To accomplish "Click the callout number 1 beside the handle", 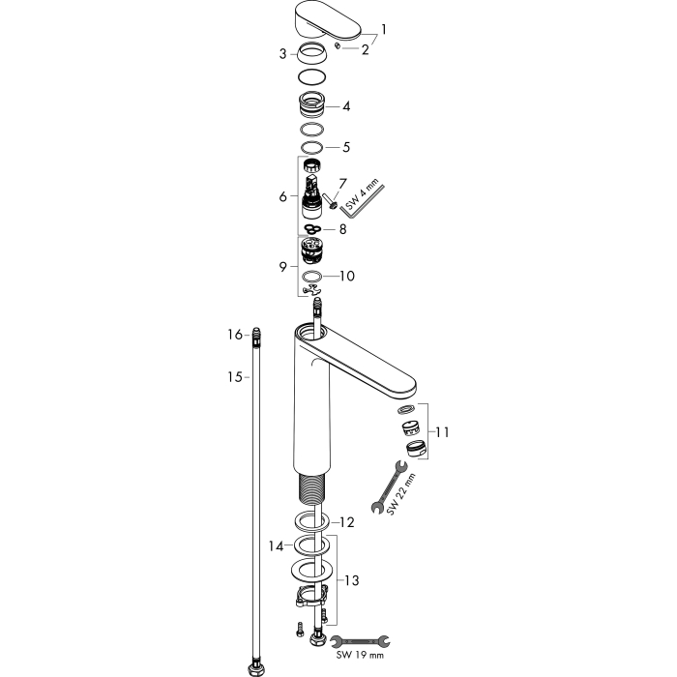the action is pyautogui.click(x=383, y=30).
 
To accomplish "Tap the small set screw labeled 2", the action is pyautogui.click(x=338, y=45).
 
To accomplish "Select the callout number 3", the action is pyautogui.click(x=282, y=54).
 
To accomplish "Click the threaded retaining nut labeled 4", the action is pyautogui.click(x=310, y=105).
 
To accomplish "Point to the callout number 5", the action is pyautogui.click(x=346, y=147).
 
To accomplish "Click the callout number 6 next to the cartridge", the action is pyautogui.click(x=282, y=196).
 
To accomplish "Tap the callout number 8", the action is pyautogui.click(x=342, y=229).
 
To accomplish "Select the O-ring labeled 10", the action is pyautogui.click(x=311, y=276).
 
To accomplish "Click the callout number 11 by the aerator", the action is pyautogui.click(x=442, y=431).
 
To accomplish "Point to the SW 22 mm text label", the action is pyautogui.click(x=401, y=494).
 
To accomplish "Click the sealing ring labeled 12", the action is pyautogui.click(x=311, y=519).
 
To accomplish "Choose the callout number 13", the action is pyautogui.click(x=351, y=580).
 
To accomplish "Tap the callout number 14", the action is pyautogui.click(x=276, y=546).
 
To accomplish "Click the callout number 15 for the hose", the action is pyautogui.click(x=235, y=377).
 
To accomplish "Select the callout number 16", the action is pyautogui.click(x=235, y=335).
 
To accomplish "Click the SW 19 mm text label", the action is pyautogui.click(x=360, y=656).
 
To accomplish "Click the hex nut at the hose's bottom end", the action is pyautogui.click(x=256, y=669).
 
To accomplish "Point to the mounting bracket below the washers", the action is pyautogui.click(x=311, y=597).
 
